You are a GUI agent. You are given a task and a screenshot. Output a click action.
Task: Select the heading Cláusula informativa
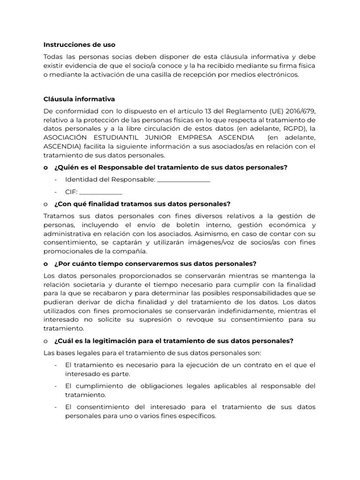(79, 99)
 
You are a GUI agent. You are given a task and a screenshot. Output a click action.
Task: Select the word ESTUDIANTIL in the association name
(131, 137)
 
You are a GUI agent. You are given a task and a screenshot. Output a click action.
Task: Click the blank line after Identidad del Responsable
(183, 180)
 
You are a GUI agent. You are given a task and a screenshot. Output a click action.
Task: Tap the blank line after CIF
(101, 192)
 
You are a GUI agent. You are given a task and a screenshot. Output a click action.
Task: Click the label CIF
(71, 192)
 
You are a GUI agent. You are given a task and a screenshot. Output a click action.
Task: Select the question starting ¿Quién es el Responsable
(171, 167)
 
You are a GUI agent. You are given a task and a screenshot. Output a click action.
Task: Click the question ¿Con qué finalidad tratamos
(142, 204)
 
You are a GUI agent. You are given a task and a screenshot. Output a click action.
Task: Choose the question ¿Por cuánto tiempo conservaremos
(155, 263)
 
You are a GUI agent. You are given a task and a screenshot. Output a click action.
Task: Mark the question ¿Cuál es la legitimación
(173, 340)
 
